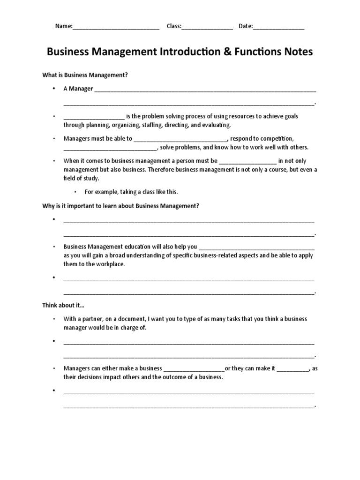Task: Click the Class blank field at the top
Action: (207, 27)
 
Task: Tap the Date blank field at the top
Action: (278, 27)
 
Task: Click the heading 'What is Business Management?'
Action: (85, 75)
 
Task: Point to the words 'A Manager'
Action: (78, 89)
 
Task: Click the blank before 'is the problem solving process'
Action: (94, 117)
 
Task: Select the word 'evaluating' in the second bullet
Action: (216, 125)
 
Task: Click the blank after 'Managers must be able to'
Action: (180, 139)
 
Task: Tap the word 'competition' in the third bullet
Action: (277, 139)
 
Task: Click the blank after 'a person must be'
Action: (248, 161)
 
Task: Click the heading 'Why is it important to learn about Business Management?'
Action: (120, 206)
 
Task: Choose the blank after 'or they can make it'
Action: (292, 368)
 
